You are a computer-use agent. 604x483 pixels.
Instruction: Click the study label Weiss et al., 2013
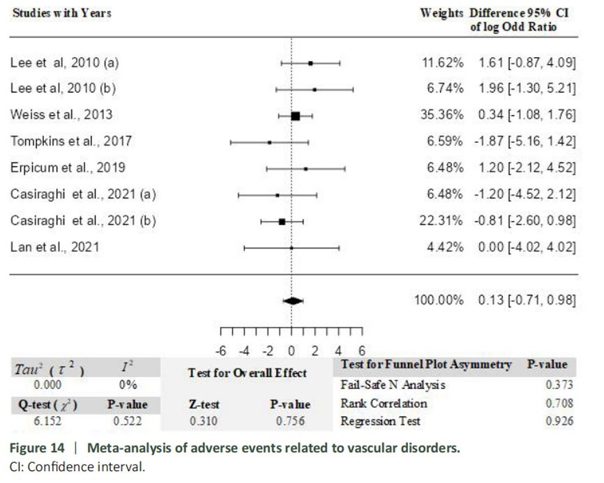point(61,115)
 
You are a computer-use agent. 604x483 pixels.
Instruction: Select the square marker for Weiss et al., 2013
point(295,116)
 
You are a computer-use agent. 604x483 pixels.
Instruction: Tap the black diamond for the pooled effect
point(293,300)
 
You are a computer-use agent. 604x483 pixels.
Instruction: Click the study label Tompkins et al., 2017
point(71,141)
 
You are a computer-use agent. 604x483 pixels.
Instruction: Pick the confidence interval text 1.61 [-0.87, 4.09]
point(527,63)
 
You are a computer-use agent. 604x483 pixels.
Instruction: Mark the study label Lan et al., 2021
point(55,247)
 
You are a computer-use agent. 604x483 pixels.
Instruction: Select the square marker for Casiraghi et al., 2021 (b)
point(282,221)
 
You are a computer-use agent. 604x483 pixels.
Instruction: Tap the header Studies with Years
point(61,13)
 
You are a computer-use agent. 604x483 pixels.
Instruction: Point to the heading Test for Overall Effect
point(248,373)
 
